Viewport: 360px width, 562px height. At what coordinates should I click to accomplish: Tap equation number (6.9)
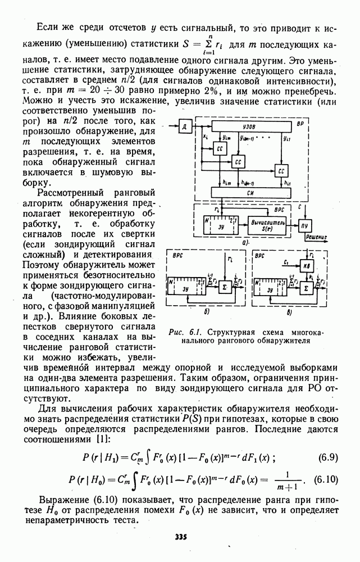coord(326,456)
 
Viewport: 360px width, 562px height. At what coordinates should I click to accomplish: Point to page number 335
coord(180,537)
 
